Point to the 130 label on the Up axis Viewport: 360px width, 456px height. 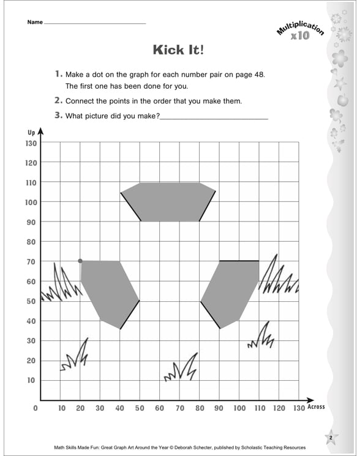pyautogui.click(x=31, y=143)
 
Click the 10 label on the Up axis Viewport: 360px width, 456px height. pyautogui.click(x=31, y=380)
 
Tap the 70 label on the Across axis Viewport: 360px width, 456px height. pyautogui.click(x=179, y=408)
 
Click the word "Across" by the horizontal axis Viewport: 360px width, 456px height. pyautogui.click(x=316, y=407)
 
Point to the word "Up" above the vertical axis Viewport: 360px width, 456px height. pyautogui.click(x=31, y=132)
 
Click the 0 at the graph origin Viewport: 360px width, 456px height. pyautogui.click(x=36, y=408)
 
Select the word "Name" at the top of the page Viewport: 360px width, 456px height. pyautogui.click(x=35, y=23)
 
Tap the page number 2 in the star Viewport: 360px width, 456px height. pyautogui.click(x=330, y=437)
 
